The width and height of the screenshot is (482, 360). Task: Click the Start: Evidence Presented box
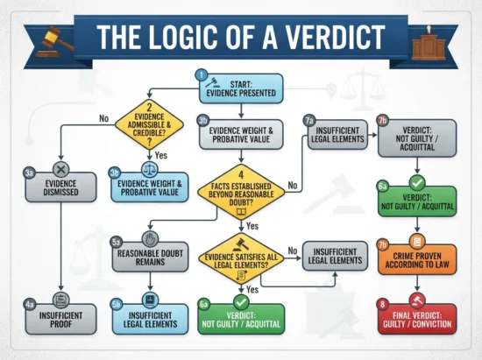point(241,88)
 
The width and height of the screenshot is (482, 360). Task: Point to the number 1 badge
point(202,75)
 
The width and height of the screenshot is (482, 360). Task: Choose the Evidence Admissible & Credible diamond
point(149,124)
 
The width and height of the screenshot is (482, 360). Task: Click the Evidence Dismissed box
point(60,187)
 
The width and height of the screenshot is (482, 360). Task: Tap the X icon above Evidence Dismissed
point(60,169)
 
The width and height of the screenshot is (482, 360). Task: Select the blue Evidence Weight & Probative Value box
point(150,187)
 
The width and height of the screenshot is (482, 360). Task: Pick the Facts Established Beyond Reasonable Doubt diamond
point(241,193)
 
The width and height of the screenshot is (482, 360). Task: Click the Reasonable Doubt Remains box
point(151,258)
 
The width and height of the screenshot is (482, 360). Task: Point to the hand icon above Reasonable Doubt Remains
point(151,239)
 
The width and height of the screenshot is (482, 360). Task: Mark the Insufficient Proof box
point(60,320)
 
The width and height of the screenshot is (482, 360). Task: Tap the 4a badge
point(30,305)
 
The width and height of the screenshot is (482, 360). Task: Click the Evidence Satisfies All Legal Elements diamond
point(241,259)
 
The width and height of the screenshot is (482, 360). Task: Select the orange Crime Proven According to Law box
point(417,260)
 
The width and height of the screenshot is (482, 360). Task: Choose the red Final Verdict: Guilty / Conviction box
point(417,320)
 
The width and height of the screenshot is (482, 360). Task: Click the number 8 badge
point(383,305)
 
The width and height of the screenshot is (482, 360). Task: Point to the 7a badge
point(309,121)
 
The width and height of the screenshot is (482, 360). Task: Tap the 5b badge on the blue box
point(117,305)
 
